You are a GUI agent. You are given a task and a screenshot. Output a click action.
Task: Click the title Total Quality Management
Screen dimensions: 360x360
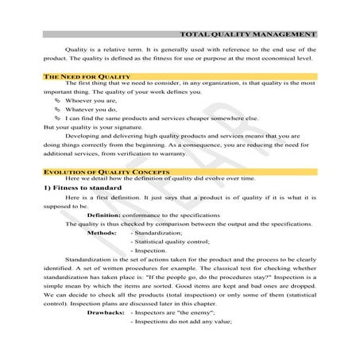click(x=248, y=35)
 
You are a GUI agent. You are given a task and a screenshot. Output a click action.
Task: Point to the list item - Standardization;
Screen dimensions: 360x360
click(x=158, y=233)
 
